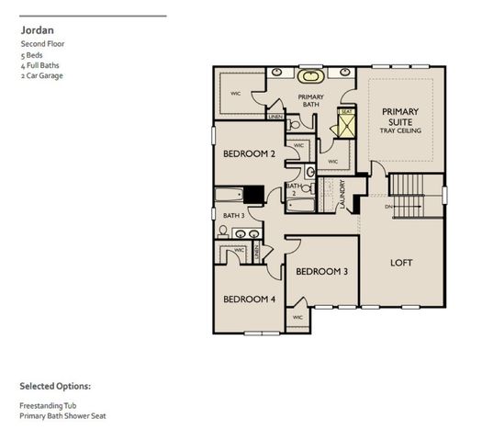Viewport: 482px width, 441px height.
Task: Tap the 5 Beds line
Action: point(31,54)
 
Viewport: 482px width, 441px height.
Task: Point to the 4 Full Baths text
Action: point(39,65)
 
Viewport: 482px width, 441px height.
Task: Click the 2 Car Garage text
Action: point(41,76)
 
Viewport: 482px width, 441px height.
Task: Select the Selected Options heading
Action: point(55,386)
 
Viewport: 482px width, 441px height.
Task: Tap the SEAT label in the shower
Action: point(346,112)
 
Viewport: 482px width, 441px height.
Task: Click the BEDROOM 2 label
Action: point(249,154)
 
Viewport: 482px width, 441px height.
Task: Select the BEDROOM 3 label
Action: point(320,271)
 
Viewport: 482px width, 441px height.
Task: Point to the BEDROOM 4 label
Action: point(249,300)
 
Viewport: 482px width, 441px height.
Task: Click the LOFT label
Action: point(401,263)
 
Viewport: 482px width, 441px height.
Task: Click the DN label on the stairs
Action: point(388,208)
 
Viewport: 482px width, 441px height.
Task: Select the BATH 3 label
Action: point(234,216)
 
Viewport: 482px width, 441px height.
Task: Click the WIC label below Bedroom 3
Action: point(297,318)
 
